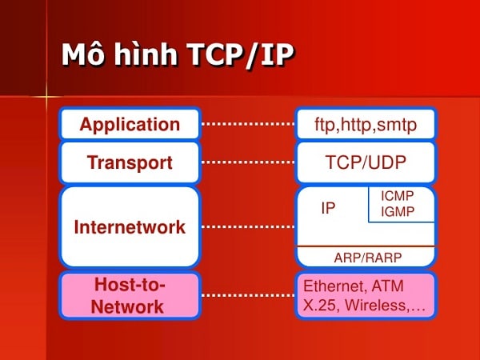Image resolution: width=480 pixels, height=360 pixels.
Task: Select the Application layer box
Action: [x=130, y=124]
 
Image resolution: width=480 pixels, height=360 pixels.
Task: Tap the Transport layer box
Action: [x=130, y=162]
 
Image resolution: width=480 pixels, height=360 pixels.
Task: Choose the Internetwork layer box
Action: [x=130, y=226]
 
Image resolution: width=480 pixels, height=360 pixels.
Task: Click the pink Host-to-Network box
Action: [x=130, y=294]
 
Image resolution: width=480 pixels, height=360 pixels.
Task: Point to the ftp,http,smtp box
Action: [x=366, y=124]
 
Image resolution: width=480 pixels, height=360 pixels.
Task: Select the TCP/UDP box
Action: [x=366, y=162]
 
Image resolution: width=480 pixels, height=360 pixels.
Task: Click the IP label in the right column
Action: [x=328, y=208]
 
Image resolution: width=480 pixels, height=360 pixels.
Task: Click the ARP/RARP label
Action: [x=365, y=257]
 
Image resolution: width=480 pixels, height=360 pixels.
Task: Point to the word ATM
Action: [x=388, y=286]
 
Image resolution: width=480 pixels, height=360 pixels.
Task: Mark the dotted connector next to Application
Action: [x=247, y=124]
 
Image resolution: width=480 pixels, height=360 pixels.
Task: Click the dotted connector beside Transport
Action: [x=247, y=162]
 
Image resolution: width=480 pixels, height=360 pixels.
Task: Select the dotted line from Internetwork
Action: [x=247, y=226]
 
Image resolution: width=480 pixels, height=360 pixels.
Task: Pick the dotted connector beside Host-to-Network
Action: [x=247, y=294]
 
